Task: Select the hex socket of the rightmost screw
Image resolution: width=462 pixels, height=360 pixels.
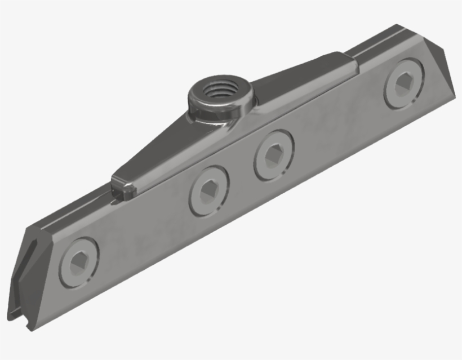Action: [x=404, y=85]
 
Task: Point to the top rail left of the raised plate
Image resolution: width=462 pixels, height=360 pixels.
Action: [x=73, y=214]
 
